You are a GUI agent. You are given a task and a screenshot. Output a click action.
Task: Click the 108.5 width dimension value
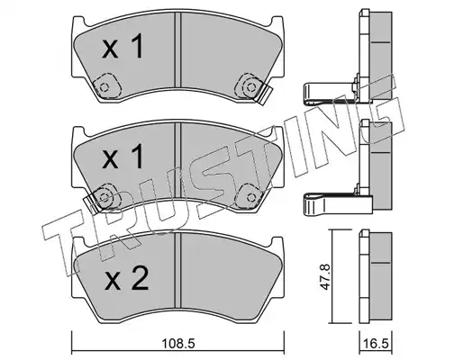tap(178, 343)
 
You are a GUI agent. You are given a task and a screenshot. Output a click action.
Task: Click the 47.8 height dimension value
tap(325, 276)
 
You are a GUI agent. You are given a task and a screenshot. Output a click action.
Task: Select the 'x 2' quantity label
tap(126, 279)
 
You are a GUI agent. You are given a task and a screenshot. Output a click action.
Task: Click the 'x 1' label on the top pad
tap(123, 46)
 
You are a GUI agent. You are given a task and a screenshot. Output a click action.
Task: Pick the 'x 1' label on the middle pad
tap(123, 156)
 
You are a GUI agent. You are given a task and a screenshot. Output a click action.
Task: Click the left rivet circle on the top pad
tap(104, 87)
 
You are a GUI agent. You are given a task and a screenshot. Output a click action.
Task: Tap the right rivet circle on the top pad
tap(250, 87)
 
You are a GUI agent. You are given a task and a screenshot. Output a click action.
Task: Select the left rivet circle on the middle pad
tap(104, 197)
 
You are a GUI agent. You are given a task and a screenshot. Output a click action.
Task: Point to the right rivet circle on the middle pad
tap(250, 197)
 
